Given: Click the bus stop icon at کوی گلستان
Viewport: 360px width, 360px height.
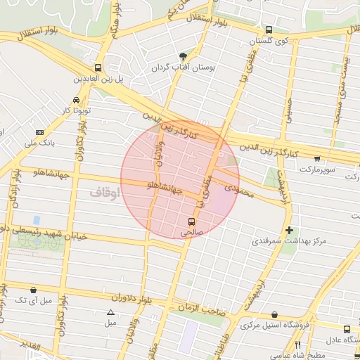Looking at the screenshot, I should pyautogui.click(x=268, y=30).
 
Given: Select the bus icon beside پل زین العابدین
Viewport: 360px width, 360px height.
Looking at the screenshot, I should pyautogui.click(x=96, y=69).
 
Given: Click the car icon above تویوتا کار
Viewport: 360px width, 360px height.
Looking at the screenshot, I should pyautogui.click(x=76, y=100).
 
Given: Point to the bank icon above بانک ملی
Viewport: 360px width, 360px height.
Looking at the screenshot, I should pyautogui.click(x=39, y=132).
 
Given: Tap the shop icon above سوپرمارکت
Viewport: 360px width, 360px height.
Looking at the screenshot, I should pyautogui.click(x=318, y=158).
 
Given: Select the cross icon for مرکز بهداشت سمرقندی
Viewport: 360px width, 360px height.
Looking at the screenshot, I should pyautogui.click(x=289, y=230).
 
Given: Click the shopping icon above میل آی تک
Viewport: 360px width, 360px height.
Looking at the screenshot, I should pyautogui.click(x=34, y=290).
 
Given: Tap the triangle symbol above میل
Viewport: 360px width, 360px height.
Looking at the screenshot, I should pyautogui.click(x=110, y=313).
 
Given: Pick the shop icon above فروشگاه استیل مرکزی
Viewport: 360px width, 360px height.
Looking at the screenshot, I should pyautogui.click(x=274, y=314).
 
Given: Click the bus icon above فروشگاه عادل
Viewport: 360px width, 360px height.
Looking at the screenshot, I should pyautogui.click(x=347, y=328).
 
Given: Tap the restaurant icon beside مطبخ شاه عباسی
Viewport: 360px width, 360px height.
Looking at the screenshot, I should pyautogui.click(x=298, y=345).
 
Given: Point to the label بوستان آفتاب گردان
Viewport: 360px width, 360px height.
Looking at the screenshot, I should pyautogui.click(x=186, y=68).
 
